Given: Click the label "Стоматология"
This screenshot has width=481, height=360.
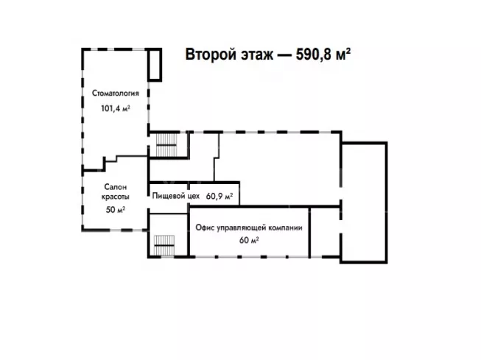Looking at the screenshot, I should (116, 94).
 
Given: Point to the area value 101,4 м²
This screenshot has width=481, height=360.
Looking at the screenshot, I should (116, 108).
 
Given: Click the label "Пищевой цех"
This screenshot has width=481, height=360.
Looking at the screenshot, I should (177, 197).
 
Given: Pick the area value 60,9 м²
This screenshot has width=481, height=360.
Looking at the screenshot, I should (220, 197).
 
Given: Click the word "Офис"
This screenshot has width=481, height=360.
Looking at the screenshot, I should (206, 228).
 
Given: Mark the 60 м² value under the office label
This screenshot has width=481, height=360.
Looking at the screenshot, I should (249, 240).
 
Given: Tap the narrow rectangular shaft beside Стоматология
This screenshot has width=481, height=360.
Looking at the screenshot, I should (154, 65).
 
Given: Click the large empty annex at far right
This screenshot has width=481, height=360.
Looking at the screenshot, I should (364, 201).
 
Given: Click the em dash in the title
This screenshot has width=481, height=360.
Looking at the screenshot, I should (279, 55).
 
